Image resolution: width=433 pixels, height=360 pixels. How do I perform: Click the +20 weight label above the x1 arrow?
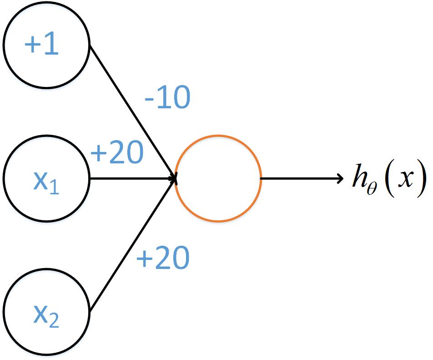(x=117, y=152)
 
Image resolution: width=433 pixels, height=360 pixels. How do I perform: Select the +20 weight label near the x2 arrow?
(x=163, y=258)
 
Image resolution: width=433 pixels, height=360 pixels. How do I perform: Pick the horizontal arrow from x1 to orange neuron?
(x=133, y=178)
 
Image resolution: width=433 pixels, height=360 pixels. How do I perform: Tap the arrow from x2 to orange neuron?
(x=133, y=245)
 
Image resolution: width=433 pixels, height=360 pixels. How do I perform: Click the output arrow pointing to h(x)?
(x=302, y=178)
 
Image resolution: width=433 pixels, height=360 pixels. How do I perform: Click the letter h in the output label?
(x=360, y=176)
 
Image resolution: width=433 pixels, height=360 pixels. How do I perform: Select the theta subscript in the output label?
(x=372, y=189)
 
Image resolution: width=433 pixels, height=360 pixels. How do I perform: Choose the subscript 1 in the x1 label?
(x=54, y=187)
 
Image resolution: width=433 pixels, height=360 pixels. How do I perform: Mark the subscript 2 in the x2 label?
(x=54, y=320)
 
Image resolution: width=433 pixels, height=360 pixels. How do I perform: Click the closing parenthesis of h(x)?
(x=421, y=178)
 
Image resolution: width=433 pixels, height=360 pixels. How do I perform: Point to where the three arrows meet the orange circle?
(x=176, y=178)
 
